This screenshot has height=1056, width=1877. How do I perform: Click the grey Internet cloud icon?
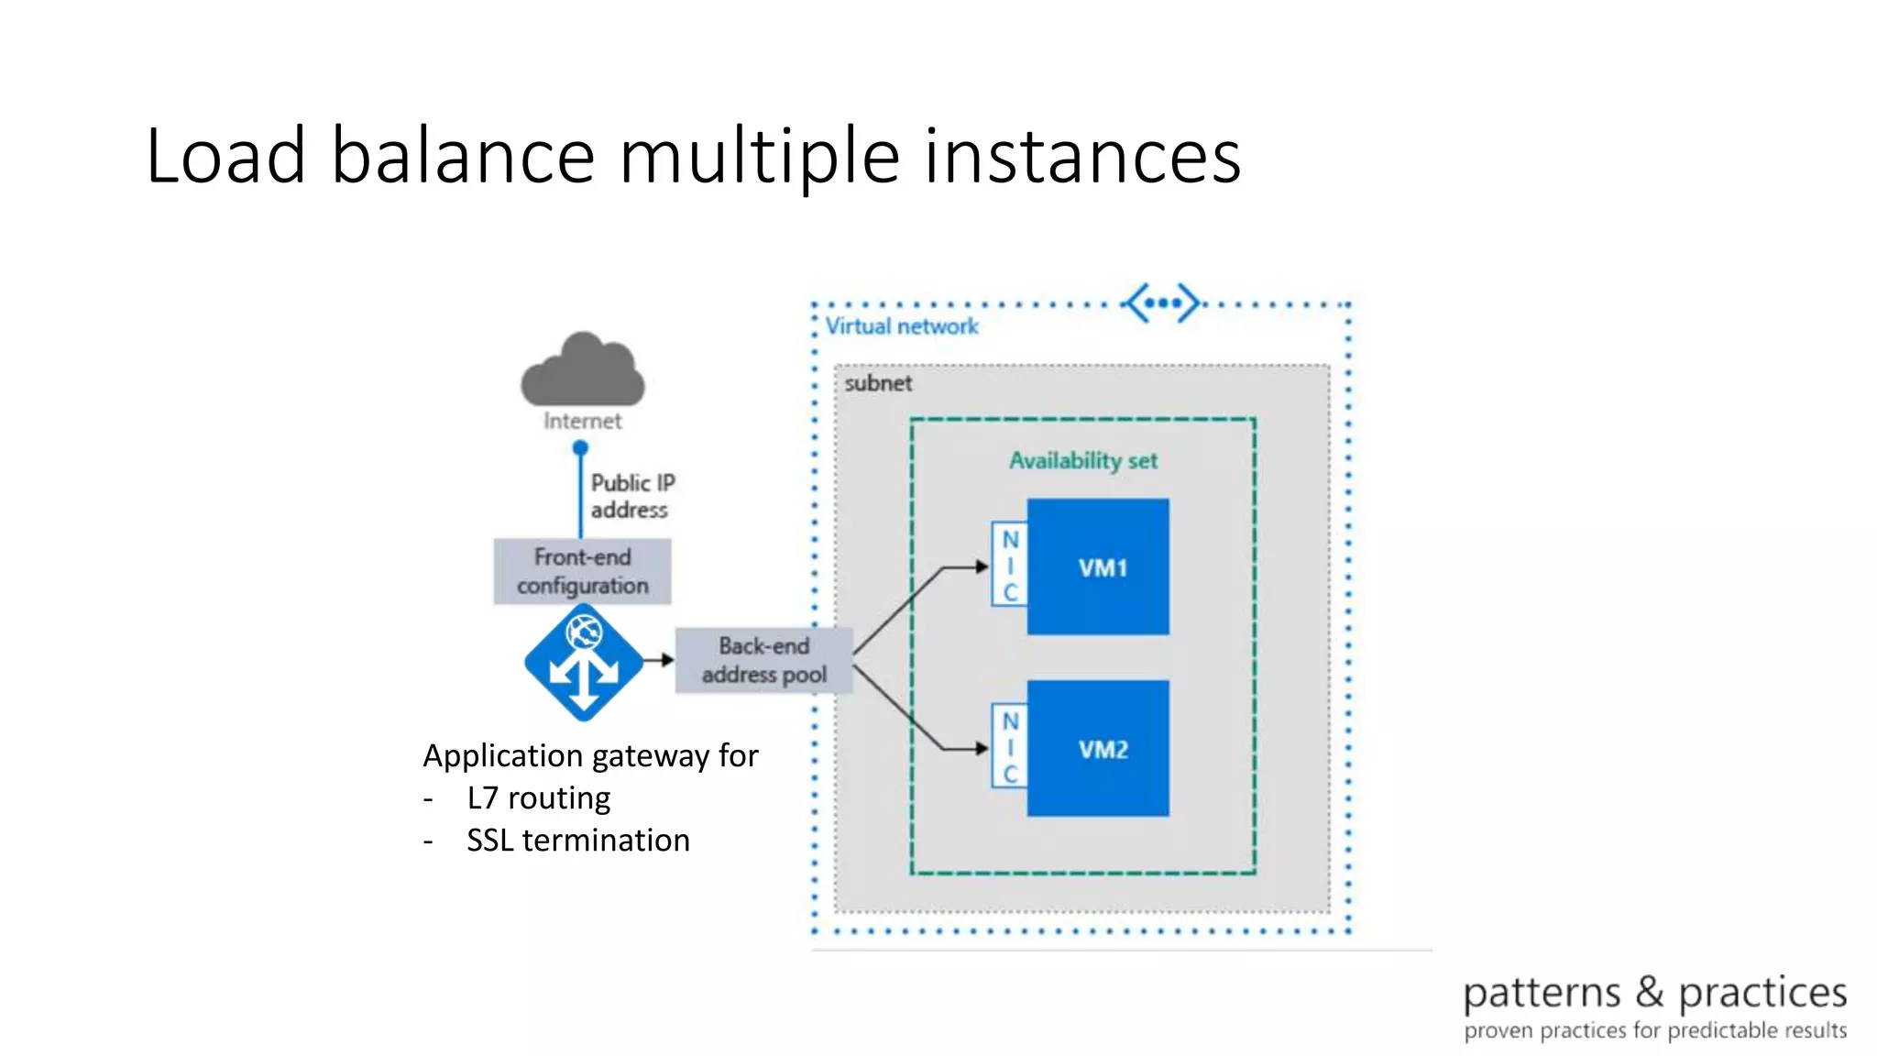point(583,371)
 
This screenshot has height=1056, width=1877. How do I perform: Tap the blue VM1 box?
point(1098,566)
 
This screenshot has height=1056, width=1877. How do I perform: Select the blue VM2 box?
point(1098,748)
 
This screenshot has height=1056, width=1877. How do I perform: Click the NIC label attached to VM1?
point(1010,566)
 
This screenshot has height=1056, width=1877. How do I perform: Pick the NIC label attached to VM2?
point(1010,747)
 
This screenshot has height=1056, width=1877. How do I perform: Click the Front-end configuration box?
point(582,571)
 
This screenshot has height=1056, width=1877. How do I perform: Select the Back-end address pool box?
point(763,660)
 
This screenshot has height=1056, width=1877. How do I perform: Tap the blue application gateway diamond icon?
point(584,662)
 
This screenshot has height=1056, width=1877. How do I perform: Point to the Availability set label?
point(1083,460)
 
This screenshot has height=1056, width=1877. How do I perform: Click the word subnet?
point(878,383)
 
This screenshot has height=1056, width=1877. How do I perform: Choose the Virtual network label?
point(901,326)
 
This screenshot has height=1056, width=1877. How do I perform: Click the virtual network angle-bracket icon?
point(1162,302)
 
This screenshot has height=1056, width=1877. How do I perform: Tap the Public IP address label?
point(631,496)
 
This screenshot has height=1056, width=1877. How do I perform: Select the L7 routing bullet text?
point(538,797)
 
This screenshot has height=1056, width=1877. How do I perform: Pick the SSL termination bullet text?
point(577,840)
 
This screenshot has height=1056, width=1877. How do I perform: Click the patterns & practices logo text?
point(1654,993)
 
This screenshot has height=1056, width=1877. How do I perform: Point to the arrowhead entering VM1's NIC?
point(982,566)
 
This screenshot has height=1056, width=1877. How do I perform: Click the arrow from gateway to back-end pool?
point(659,660)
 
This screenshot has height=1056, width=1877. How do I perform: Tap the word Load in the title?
point(225,156)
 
